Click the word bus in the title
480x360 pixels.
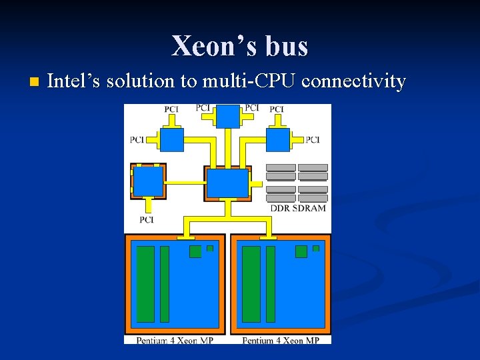coord(287,46)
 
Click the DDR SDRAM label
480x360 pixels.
coord(298,208)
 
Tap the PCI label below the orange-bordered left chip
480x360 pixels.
coord(147,219)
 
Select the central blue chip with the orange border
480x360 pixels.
coord(227,183)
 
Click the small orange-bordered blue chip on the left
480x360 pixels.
coord(148,181)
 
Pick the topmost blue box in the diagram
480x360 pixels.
coord(228,116)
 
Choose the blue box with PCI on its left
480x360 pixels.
coord(172,139)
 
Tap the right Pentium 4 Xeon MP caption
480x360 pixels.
coord(281,340)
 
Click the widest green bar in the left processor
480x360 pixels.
coord(145,284)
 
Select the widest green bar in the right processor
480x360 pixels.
coord(251,284)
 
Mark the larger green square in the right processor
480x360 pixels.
coord(301,251)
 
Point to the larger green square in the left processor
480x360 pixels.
coord(195,251)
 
